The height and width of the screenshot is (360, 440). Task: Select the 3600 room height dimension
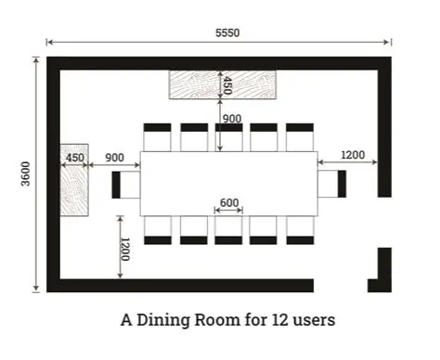(25, 174)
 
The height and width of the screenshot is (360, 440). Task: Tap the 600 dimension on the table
(229, 203)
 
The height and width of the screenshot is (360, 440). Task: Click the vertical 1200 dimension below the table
(124, 249)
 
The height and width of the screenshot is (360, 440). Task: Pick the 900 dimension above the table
(231, 118)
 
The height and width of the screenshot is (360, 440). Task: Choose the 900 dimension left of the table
(115, 158)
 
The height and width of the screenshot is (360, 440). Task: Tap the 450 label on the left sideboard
(74, 158)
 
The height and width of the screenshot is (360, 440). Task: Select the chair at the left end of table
(124, 184)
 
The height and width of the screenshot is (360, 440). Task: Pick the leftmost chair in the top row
(158, 136)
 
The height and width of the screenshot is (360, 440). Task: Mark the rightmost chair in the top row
(300, 136)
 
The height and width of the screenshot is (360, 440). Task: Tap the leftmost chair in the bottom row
(158, 230)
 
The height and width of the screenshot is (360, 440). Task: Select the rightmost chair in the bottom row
(300, 230)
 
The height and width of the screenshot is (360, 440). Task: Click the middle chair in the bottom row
(228, 230)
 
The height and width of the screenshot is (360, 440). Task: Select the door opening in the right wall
(383, 222)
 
